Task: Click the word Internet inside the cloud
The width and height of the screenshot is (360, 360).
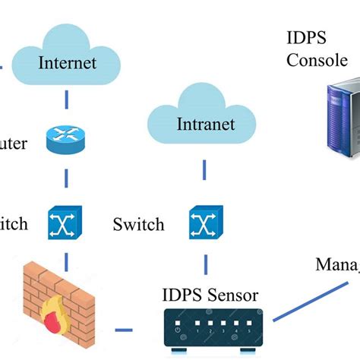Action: click(68, 62)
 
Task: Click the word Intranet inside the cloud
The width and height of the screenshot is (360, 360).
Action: click(205, 123)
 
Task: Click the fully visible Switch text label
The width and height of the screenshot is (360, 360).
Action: click(138, 225)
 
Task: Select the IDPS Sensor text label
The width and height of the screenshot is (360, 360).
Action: click(210, 294)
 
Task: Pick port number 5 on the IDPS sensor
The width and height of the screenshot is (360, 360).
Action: click(248, 330)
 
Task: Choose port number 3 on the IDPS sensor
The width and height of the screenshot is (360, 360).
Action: click(222, 330)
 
